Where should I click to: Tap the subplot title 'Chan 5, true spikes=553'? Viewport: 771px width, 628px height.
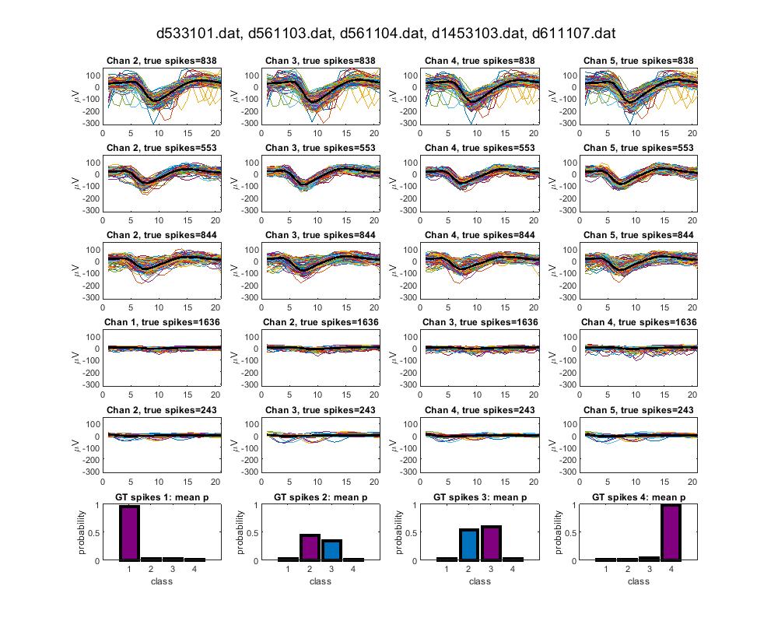point(638,148)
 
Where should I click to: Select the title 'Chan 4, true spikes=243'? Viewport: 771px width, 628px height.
point(479,410)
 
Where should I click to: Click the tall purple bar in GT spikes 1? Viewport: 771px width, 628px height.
point(129,533)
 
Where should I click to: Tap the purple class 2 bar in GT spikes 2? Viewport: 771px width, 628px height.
point(310,547)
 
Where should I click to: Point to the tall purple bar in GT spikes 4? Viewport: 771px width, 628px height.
point(671,532)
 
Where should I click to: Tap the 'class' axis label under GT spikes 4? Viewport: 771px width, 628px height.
point(638,581)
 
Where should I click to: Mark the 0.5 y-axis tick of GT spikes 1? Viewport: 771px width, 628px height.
point(94,532)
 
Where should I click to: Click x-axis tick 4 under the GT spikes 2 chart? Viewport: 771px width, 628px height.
point(353,570)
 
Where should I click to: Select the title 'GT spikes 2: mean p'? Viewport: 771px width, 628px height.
point(320,497)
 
